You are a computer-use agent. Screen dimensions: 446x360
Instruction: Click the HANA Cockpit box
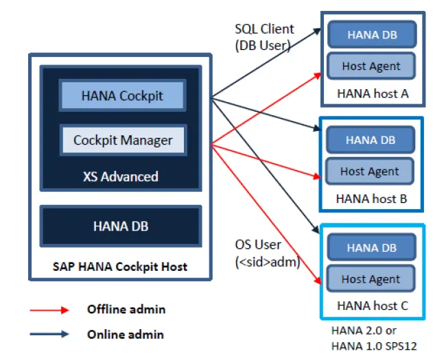122,95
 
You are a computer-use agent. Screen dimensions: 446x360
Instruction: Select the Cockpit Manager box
123,140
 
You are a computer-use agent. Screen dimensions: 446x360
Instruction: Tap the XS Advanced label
121,177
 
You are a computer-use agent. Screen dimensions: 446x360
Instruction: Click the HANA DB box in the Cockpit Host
121,226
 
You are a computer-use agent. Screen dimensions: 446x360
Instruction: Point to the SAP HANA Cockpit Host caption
120,267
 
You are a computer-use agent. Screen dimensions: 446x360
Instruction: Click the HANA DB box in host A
372,34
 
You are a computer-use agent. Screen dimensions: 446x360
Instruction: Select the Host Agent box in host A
371,66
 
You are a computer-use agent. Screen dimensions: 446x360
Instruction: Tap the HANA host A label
373,93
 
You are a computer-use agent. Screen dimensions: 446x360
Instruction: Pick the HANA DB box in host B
371,140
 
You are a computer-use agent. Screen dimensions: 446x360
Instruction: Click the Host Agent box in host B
369,171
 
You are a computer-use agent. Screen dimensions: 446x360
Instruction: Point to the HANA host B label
371,199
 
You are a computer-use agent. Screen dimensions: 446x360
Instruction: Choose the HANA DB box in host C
371,248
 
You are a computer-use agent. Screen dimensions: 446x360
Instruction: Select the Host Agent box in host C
371,278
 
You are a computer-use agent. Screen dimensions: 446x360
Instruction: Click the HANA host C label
373,306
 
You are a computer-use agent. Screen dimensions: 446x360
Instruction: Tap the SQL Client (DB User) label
264,37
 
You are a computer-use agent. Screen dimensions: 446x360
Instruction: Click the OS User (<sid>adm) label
268,253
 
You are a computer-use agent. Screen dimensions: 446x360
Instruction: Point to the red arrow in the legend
49,310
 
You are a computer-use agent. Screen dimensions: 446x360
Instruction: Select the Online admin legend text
126,335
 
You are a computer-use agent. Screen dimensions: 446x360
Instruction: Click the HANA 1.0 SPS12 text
374,346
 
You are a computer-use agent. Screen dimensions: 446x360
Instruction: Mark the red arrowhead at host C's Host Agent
318,280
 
